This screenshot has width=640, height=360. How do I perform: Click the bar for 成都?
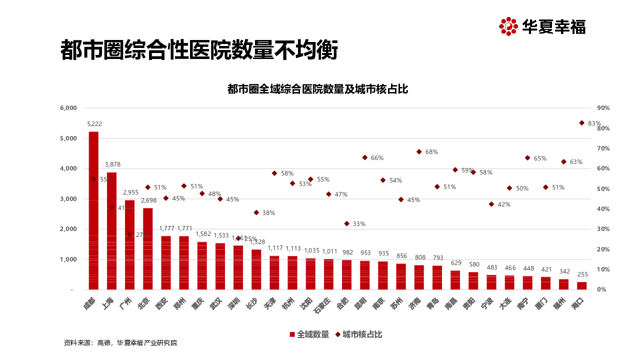click(93, 210)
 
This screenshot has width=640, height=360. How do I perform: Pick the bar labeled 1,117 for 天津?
click(274, 272)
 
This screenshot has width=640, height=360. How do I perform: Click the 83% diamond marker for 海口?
click(582, 122)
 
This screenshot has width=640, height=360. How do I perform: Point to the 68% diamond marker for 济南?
click(419, 151)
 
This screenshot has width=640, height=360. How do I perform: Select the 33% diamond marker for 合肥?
click(346, 223)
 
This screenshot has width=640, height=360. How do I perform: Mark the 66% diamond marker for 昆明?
click(365, 157)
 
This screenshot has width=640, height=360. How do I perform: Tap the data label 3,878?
click(112, 164)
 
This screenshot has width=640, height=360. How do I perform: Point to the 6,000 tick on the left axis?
click(68, 108)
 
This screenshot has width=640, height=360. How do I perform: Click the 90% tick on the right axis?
click(603, 108)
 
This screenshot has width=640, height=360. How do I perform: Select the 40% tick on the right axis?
click(603, 209)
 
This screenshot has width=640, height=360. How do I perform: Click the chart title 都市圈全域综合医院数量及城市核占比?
click(318, 89)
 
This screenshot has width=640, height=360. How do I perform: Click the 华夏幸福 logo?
click(542, 26)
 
